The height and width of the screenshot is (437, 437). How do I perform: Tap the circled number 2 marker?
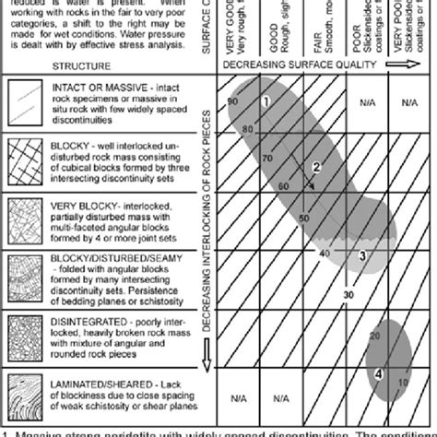tap(315, 167)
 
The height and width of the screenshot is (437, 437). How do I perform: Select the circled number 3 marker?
tap(362, 255)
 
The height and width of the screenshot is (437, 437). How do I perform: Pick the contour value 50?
tap(303, 218)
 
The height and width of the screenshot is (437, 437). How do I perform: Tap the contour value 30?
tap(348, 294)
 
